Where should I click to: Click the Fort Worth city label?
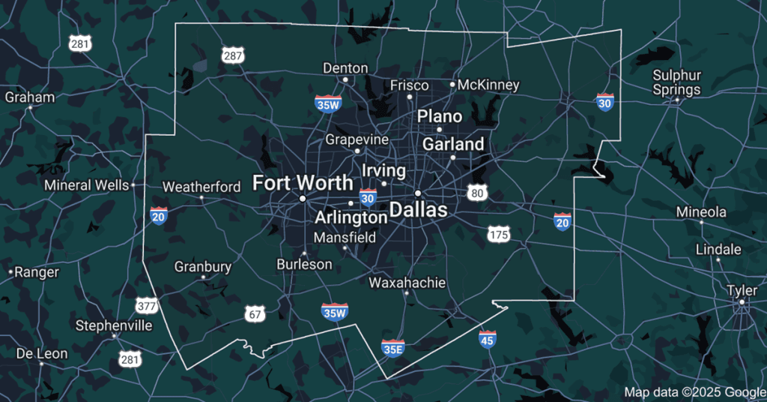pyautogui.click(x=302, y=182)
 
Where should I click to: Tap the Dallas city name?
pyautogui.click(x=418, y=209)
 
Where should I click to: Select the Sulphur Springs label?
pyautogui.click(x=676, y=82)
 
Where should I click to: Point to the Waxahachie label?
pyautogui.click(x=407, y=283)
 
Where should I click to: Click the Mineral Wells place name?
pyautogui.click(x=86, y=184)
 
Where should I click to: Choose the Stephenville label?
pyautogui.click(x=114, y=325)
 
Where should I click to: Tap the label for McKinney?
pyautogui.click(x=488, y=85)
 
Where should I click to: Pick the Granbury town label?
pyautogui.click(x=203, y=266)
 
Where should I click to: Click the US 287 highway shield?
pyautogui.click(x=233, y=55)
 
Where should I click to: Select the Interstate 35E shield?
pyautogui.click(x=392, y=347)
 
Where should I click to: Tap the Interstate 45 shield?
pyautogui.click(x=487, y=340)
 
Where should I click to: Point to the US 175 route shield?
pyautogui.click(x=499, y=234)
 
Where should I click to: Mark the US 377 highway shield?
pyautogui.click(x=147, y=305)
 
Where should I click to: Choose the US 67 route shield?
pyautogui.click(x=255, y=313)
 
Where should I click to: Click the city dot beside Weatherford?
pyautogui.click(x=201, y=197)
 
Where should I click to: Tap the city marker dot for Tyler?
pyautogui.click(x=742, y=302)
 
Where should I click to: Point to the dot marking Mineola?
pyautogui.click(x=701, y=223)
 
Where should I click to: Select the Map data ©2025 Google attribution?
pyautogui.click(x=694, y=391)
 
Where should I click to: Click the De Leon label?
pyautogui.click(x=42, y=353)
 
